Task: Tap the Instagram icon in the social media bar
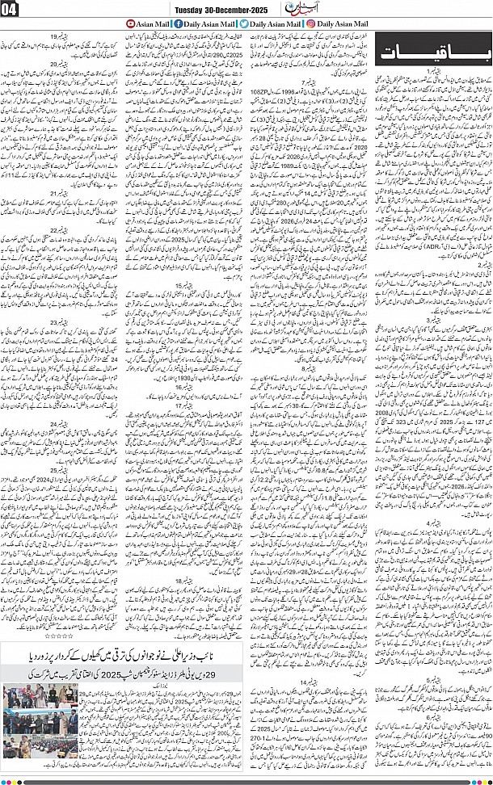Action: tap(310, 25)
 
